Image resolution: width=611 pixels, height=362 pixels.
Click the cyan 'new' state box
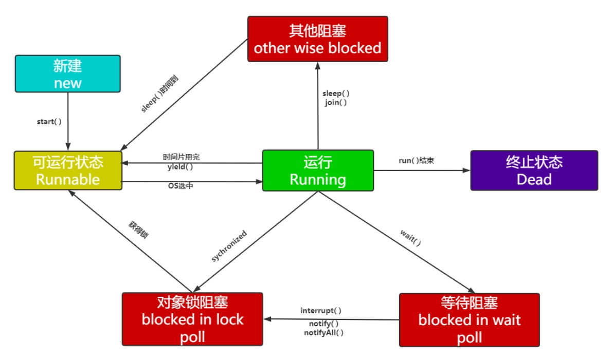coord(68,74)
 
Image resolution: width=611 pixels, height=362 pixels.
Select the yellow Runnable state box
coord(68,170)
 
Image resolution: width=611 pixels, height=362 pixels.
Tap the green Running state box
coord(318,170)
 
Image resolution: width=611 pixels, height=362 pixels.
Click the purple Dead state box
coord(534,170)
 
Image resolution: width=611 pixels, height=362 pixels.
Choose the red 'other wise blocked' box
coord(317,39)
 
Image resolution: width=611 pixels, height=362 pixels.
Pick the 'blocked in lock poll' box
coord(192,319)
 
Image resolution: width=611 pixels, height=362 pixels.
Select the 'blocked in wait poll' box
coord(469,319)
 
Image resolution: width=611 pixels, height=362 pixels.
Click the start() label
coord(49,122)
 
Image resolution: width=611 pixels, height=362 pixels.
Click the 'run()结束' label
coord(416,160)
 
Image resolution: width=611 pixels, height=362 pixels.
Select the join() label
coord(336,102)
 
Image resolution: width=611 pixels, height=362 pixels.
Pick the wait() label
coord(410,238)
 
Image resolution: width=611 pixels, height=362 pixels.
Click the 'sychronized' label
coord(229,246)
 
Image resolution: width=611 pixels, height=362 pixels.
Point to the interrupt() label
coord(321,311)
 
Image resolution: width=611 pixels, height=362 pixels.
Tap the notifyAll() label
coord(324,332)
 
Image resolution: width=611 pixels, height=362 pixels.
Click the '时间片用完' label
coord(181,157)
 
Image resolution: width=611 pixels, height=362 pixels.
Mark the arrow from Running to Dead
coord(422,170)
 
